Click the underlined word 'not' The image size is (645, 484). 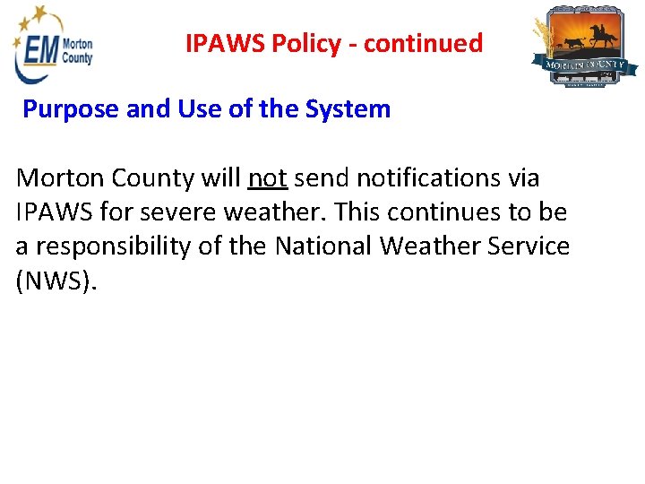click(267, 178)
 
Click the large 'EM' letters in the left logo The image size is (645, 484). click(41, 49)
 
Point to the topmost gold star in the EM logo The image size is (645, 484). click(39, 12)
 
